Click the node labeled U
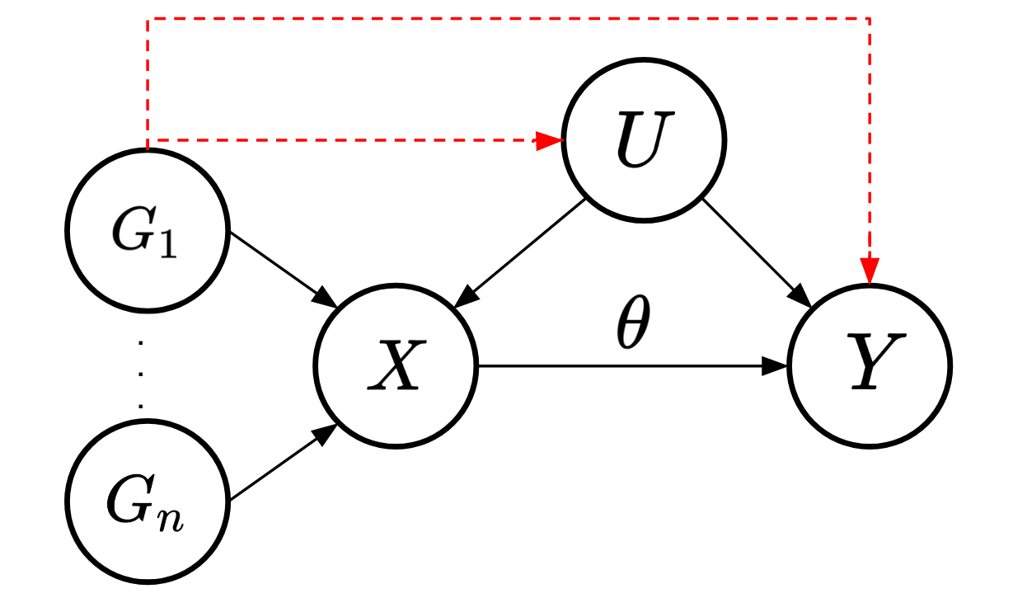tap(644, 141)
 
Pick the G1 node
tap(148, 230)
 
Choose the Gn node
tap(148, 500)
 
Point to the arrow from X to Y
tap(626, 365)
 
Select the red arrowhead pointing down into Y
tap(870, 271)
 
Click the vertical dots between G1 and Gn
tap(143, 373)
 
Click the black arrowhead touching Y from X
tap(775, 365)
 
